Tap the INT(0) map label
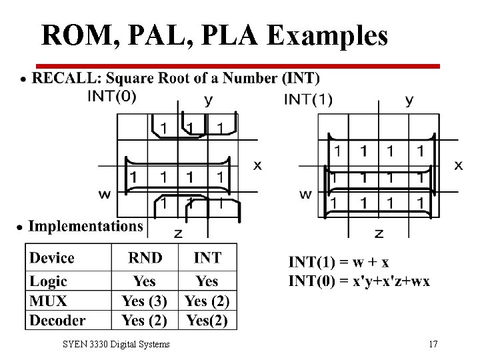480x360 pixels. (x=112, y=96)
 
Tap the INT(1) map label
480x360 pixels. (x=307, y=99)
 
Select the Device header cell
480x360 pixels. (x=52, y=258)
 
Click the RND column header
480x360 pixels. (x=145, y=258)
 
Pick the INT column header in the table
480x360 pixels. (x=207, y=258)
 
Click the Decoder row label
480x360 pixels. (x=57, y=320)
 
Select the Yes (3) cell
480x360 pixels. (x=145, y=301)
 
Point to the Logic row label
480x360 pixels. (x=49, y=281)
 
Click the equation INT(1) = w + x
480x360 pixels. (x=339, y=262)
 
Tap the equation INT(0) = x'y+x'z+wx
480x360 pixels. (x=359, y=281)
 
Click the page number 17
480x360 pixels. (x=433, y=345)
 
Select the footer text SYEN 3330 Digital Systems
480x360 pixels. (x=116, y=345)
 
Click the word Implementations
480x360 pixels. (x=85, y=226)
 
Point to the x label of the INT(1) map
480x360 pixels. (x=459, y=165)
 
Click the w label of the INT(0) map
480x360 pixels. (x=105, y=194)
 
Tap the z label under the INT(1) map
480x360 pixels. (x=379, y=233)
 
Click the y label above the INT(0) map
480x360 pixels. (x=209, y=100)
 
